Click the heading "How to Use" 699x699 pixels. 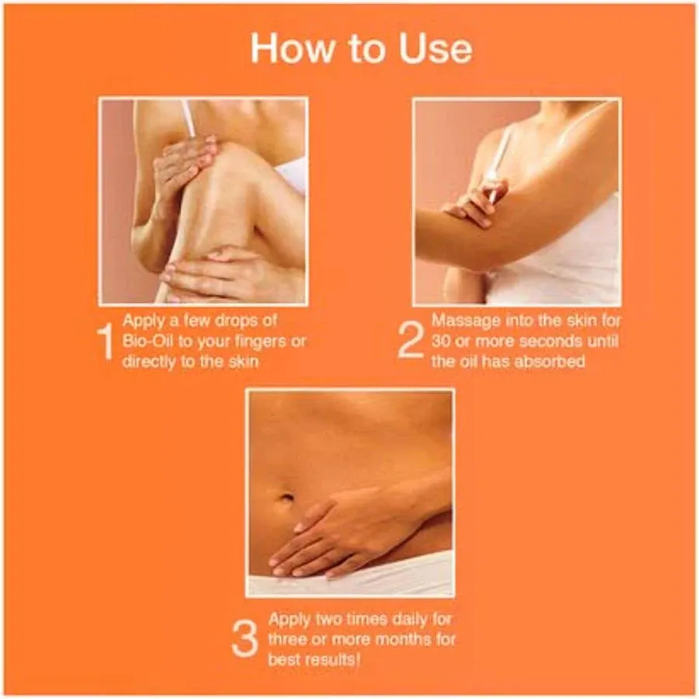[360, 48]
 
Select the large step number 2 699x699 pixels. [411, 341]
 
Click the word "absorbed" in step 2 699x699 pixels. [552, 362]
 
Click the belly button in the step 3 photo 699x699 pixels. [287, 498]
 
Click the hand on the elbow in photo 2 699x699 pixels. [474, 203]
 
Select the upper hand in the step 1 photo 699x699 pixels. [183, 163]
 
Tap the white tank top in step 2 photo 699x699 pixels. [567, 264]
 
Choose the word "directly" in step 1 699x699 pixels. [151, 363]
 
